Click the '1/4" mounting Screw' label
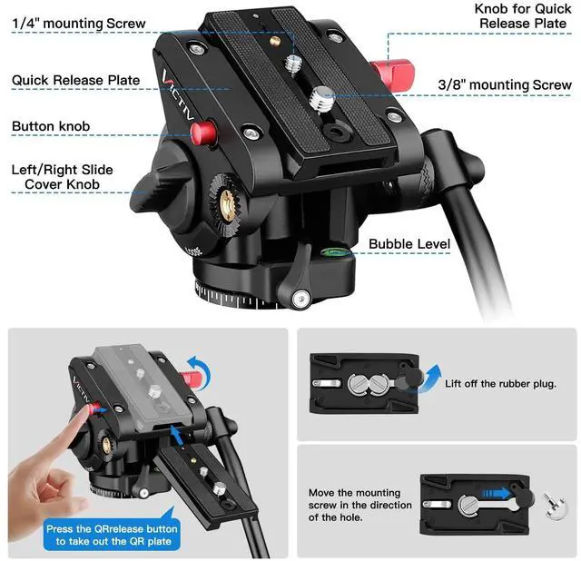(79, 24)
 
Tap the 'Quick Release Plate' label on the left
(76, 80)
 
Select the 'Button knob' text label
(51, 126)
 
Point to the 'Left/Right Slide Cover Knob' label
(63, 177)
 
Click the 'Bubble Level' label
(409, 244)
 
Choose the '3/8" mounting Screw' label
(505, 84)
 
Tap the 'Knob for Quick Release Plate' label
(523, 16)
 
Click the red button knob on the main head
(203, 133)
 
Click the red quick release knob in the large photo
(392, 75)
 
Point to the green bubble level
(335, 252)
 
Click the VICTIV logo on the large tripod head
(177, 94)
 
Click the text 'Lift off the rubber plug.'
(500, 383)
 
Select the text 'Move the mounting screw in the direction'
(359, 498)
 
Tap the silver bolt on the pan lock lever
(300, 298)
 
